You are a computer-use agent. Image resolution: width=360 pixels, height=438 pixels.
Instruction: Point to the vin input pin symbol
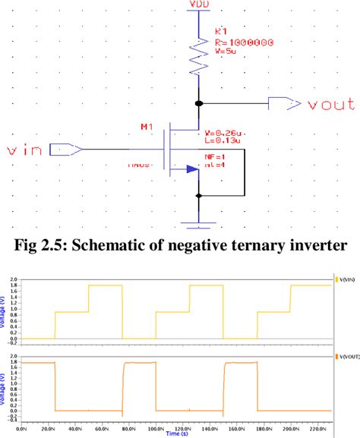coord(66,150)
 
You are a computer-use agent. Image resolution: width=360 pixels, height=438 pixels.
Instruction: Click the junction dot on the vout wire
coord(199,102)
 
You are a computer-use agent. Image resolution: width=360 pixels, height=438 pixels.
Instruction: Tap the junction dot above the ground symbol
coord(199,195)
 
